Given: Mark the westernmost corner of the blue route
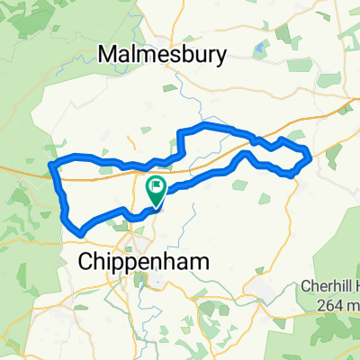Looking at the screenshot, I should tap(49, 166).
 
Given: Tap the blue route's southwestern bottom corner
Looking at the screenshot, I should tap(81, 234).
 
